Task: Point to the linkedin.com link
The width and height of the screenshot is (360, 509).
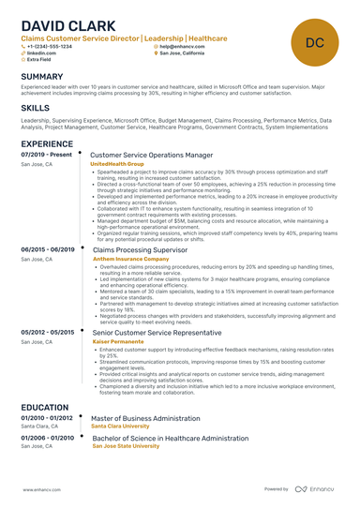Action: coord(41,53)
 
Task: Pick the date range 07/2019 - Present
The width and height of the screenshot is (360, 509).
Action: coord(46,153)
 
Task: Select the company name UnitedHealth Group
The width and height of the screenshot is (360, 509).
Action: coord(117,163)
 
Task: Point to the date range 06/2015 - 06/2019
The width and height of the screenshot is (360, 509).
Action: coord(48,249)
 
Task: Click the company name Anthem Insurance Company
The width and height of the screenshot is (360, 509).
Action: coord(127,260)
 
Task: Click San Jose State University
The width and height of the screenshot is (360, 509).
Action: coord(126,447)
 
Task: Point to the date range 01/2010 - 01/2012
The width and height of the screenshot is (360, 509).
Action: coord(47,418)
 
